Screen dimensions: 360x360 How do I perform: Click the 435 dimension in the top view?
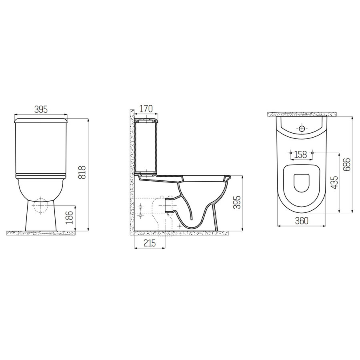click(334, 182)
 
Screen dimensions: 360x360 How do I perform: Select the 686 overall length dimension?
click(347, 164)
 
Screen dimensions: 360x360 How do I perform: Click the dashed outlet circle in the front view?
click(41, 205)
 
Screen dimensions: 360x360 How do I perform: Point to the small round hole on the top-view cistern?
click(302, 128)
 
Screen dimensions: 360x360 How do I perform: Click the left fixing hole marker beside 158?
click(289, 153)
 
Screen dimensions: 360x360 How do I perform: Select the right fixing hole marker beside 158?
click(313, 153)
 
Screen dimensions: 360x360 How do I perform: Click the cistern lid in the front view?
click(40, 119)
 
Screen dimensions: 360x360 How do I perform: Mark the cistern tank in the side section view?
click(146, 146)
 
